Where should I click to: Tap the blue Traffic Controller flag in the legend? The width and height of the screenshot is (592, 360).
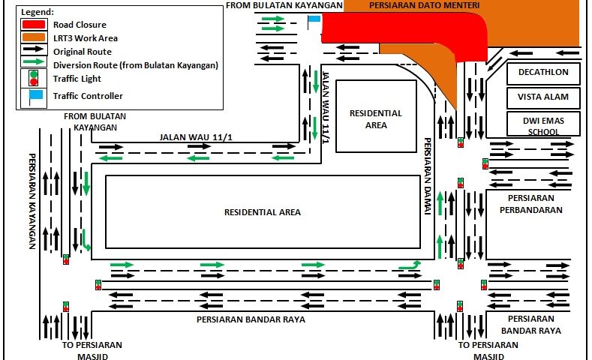[35, 94]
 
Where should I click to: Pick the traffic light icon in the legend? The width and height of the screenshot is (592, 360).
[33, 77]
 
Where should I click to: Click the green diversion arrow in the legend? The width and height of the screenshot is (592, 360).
[35, 64]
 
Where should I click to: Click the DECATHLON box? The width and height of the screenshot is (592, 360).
[543, 73]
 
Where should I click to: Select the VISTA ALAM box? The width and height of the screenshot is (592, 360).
[543, 97]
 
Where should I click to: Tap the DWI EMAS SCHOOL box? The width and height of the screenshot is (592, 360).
[543, 124]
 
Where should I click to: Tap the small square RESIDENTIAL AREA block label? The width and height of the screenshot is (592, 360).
[376, 118]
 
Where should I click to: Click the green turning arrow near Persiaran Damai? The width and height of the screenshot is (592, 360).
[410, 265]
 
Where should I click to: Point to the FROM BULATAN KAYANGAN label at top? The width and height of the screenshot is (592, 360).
[284, 5]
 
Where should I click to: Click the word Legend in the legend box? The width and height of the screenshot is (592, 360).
[37, 13]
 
